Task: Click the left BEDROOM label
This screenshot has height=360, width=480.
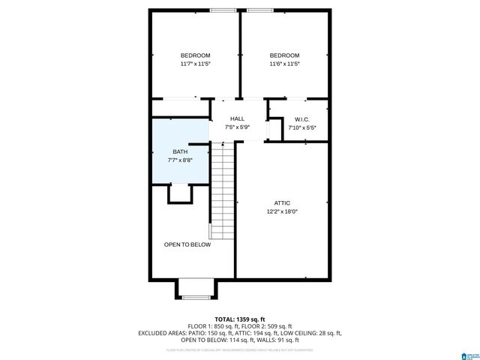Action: tap(195, 55)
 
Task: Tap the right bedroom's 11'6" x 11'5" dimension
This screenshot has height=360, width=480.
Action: tap(284, 64)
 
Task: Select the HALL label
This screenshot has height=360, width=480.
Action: tap(237, 118)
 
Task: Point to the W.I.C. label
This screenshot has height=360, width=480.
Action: tap(302, 119)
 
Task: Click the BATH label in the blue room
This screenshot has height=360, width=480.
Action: tap(180, 152)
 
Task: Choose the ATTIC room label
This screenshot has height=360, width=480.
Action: tap(282, 202)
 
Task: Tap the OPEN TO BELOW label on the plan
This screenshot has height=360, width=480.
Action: tap(187, 244)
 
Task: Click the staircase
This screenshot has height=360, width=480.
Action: tap(223, 191)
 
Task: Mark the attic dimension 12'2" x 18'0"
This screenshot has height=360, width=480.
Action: tap(282, 211)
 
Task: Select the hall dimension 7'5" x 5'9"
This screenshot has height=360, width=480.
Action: tap(237, 127)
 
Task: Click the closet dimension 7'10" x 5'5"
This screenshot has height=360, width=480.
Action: tap(302, 127)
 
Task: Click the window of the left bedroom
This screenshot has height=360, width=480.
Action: tap(222, 10)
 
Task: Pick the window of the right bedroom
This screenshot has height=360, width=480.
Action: tap(259, 10)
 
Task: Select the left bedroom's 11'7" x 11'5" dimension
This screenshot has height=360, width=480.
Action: tap(195, 64)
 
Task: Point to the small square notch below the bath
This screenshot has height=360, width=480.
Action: tap(180, 193)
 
